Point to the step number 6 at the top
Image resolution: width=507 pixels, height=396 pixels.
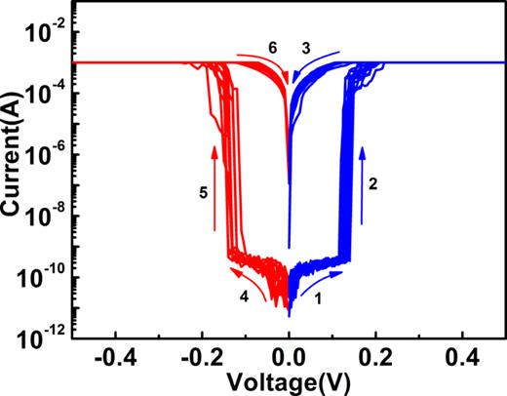(x=273, y=47)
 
